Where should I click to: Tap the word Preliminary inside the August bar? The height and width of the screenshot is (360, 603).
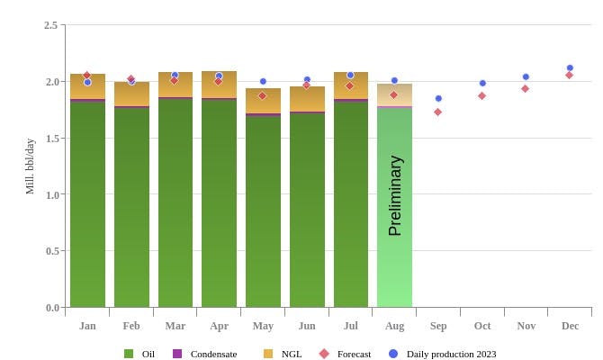pyautogui.click(x=395, y=195)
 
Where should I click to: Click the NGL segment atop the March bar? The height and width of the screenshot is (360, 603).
pyautogui.click(x=175, y=86)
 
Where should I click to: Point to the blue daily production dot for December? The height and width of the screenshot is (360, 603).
pyautogui.click(x=570, y=67)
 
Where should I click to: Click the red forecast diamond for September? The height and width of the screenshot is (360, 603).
pyautogui.click(x=438, y=112)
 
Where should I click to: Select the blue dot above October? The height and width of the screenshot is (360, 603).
pyautogui.click(x=482, y=83)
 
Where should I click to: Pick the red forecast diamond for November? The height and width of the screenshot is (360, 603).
pyautogui.click(x=526, y=88)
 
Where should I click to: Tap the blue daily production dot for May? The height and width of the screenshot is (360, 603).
pyautogui.click(x=263, y=81)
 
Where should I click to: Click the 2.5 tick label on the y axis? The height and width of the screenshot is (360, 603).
pyautogui.click(x=50, y=25)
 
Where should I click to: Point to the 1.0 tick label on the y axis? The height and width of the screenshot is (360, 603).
pyautogui.click(x=50, y=194)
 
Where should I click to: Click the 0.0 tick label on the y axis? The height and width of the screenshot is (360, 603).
pyautogui.click(x=50, y=308)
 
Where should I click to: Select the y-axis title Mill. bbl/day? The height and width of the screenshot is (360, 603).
pyautogui.click(x=30, y=166)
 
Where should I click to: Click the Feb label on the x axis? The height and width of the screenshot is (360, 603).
pyautogui.click(x=131, y=326)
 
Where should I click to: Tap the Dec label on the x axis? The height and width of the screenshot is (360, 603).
pyautogui.click(x=570, y=326)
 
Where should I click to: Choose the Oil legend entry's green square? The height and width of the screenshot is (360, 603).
pyautogui.click(x=129, y=354)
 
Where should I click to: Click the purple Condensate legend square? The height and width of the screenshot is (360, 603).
pyautogui.click(x=177, y=354)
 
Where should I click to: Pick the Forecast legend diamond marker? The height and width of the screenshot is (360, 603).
pyautogui.click(x=324, y=354)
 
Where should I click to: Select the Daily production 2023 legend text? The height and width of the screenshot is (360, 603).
pyautogui.click(x=451, y=354)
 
